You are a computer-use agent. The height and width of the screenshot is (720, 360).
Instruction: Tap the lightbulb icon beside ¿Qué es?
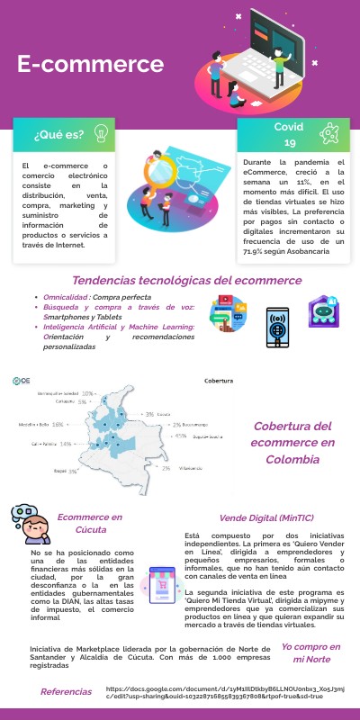click(102, 135)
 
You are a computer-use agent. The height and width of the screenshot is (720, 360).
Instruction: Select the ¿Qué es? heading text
click(58, 135)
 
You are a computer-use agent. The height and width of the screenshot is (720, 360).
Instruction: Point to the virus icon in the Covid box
click(331, 134)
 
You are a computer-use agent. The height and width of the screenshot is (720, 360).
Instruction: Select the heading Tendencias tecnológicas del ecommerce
click(187, 280)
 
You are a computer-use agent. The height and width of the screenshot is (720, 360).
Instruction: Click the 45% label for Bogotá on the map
click(181, 436)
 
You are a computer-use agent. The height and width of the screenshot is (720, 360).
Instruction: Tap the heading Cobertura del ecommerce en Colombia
click(293, 442)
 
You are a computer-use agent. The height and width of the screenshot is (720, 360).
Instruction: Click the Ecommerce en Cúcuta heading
click(89, 522)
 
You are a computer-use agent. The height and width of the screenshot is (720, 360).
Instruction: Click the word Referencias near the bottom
click(66, 691)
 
